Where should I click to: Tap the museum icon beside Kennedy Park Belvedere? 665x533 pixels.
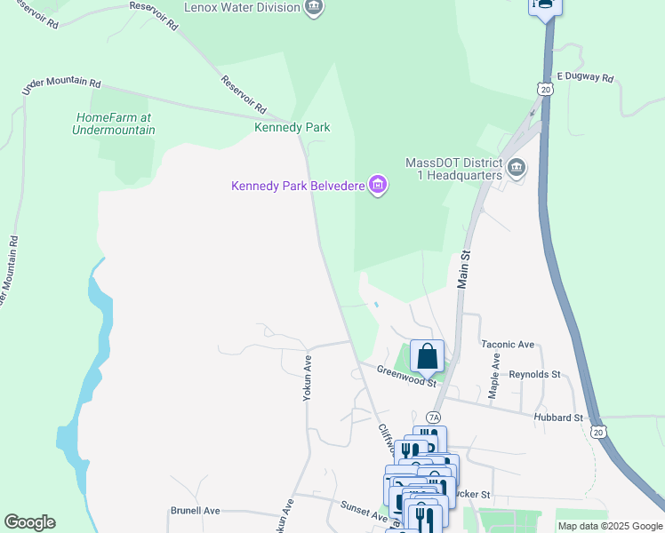[379, 186]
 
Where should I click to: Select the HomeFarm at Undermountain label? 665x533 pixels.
[114, 123]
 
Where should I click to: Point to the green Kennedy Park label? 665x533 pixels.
[292, 128]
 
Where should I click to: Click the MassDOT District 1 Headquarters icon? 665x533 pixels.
[517, 167]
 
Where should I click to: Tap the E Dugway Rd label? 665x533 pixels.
[585, 78]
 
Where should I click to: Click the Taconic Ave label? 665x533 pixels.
[508, 344]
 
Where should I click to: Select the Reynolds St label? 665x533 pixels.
[534, 375]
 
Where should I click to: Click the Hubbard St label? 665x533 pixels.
[557, 417]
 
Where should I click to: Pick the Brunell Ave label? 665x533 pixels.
[195, 512]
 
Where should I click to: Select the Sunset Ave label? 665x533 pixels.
[364, 510]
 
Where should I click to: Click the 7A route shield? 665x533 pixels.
[433, 417]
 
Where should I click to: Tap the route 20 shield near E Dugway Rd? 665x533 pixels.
[545, 89]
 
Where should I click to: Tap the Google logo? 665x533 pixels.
[29, 522]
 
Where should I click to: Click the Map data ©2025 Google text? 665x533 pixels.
[609, 526]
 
